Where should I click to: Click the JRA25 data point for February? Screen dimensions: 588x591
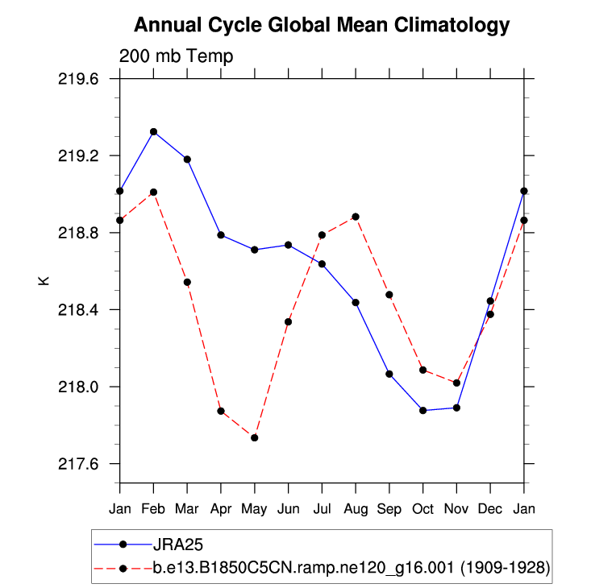tap(153, 131)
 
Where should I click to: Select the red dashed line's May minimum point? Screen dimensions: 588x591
tap(255, 437)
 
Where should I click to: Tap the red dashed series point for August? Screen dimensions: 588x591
tap(356, 217)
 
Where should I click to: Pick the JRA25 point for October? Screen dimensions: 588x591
tap(422, 410)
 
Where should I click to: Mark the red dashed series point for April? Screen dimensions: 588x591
tap(221, 411)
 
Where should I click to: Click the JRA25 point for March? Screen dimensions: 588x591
tap(187, 159)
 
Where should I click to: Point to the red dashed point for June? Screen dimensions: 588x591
tap(289, 321)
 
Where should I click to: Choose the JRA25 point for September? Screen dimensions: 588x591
tap(389, 374)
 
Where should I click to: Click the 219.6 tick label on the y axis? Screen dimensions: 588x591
tap(78, 79)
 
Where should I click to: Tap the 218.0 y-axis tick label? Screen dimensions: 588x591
tap(78, 387)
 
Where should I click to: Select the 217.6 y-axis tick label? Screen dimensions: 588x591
tap(78, 464)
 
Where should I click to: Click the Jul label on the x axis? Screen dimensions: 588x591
tap(322, 509)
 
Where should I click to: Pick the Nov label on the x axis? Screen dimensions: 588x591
tap(456, 509)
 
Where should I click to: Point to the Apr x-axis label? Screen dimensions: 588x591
tap(221, 509)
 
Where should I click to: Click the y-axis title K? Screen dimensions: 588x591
tap(44, 281)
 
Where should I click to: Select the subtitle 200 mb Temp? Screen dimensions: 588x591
tap(176, 56)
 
